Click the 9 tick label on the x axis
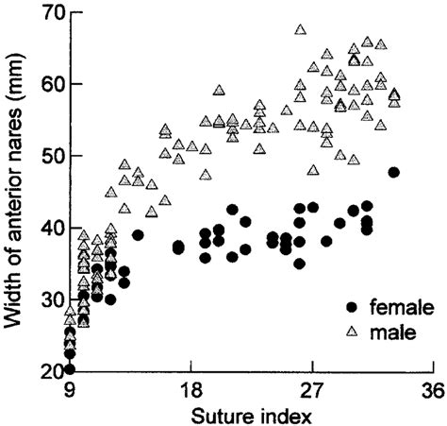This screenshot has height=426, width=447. (x=70, y=390)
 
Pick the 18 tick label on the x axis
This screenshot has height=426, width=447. (x=190, y=390)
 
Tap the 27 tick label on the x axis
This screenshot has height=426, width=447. (x=312, y=390)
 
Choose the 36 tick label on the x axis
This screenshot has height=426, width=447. (x=433, y=390)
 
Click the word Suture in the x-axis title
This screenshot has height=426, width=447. (x=221, y=413)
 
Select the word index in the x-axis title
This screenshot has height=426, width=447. (x=278, y=413)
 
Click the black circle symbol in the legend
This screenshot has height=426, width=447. (x=353, y=307)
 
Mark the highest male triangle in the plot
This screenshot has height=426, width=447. (x=301, y=30)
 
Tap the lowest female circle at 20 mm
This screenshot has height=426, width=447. (x=70, y=368)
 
